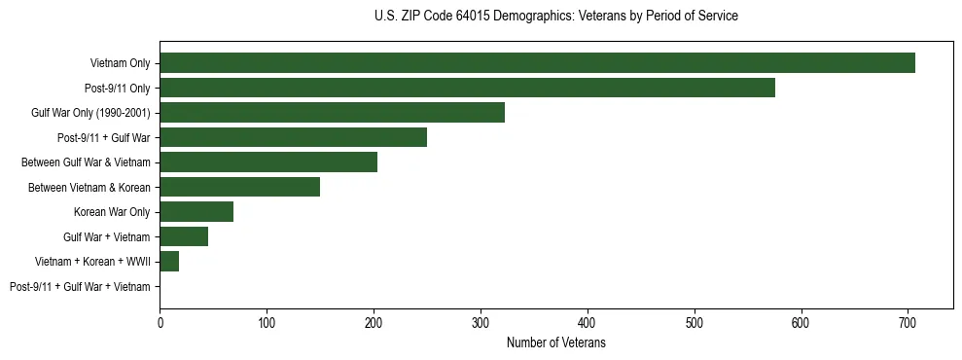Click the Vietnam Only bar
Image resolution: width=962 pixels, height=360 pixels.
[537, 63]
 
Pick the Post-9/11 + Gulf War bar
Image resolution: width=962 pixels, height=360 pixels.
[293, 137]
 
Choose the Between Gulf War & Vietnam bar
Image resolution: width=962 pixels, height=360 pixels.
[268, 162]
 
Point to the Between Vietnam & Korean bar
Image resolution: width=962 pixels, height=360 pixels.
[239, 187]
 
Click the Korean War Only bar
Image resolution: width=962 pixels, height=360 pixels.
[196, 212]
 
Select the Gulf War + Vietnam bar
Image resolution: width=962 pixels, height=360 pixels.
[184, 236]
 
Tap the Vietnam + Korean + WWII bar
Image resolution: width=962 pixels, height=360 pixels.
[169, 262]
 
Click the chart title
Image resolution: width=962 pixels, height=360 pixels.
[555, 17]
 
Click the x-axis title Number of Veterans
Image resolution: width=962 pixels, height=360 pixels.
[555, 342]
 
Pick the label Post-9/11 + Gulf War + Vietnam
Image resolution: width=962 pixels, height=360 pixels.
[80, 286]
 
